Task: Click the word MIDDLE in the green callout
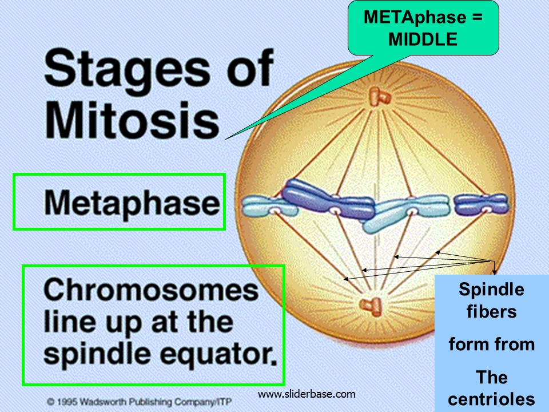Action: [x=423, y=39]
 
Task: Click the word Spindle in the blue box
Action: [x=491, y=290]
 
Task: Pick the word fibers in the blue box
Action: [x=491, y=312]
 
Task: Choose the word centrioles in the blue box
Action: [x=491, y=399]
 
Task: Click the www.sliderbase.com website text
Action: [x=307, y=394]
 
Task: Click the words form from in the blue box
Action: [x=491, y=344]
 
